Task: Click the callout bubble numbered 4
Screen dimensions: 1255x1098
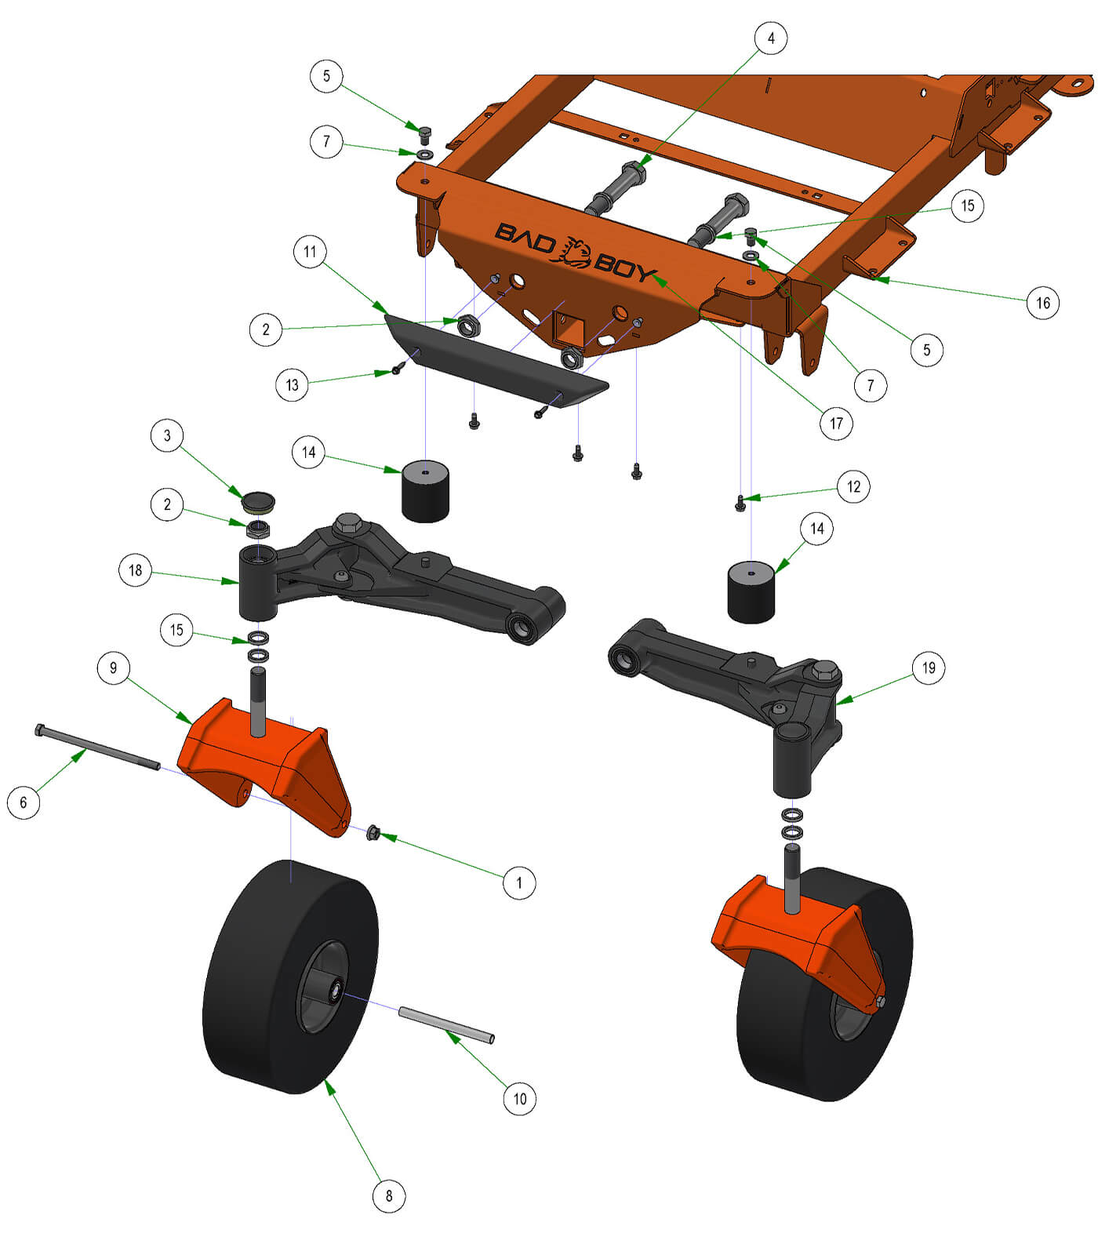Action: pyautogui.click(x=771, y=38)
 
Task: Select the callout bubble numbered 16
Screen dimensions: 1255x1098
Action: pyautogui.click(x=1042, y=303)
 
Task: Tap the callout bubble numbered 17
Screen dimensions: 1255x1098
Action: pyautogui.click(x=836, y=424)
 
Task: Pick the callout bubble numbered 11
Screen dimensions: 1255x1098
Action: pyautogui.click(x=310, y=252)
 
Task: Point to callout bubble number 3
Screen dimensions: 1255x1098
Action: pyautogui.click(x=167, y=435)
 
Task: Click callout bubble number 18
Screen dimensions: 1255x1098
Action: pyautogui.click(x=136, y=570)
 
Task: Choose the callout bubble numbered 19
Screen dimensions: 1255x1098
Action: pyautogui.click(x=929, y=668)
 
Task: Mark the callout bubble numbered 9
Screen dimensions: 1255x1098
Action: pyautogui.click(x=114, y=668)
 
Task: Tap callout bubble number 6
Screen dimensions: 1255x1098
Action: pyautogui.click(x=24, y=802)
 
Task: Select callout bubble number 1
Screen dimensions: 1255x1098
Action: pyautogui.click(x=518, y=882)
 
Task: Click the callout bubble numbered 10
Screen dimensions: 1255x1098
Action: pyautogui.click(x=519, y=1098)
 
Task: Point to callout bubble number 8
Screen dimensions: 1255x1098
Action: pyautogui.click(x=389, y=1196)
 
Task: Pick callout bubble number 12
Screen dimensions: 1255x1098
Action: pyautogui.click(x=853, y=486)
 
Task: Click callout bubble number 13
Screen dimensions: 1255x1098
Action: pyautogui.click(x=292, y=385)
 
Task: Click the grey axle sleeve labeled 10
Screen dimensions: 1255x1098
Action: pyautogui.click(x=446, y=1025)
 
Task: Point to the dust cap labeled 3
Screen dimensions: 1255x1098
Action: pyautogui.click(x=259, y=500)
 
